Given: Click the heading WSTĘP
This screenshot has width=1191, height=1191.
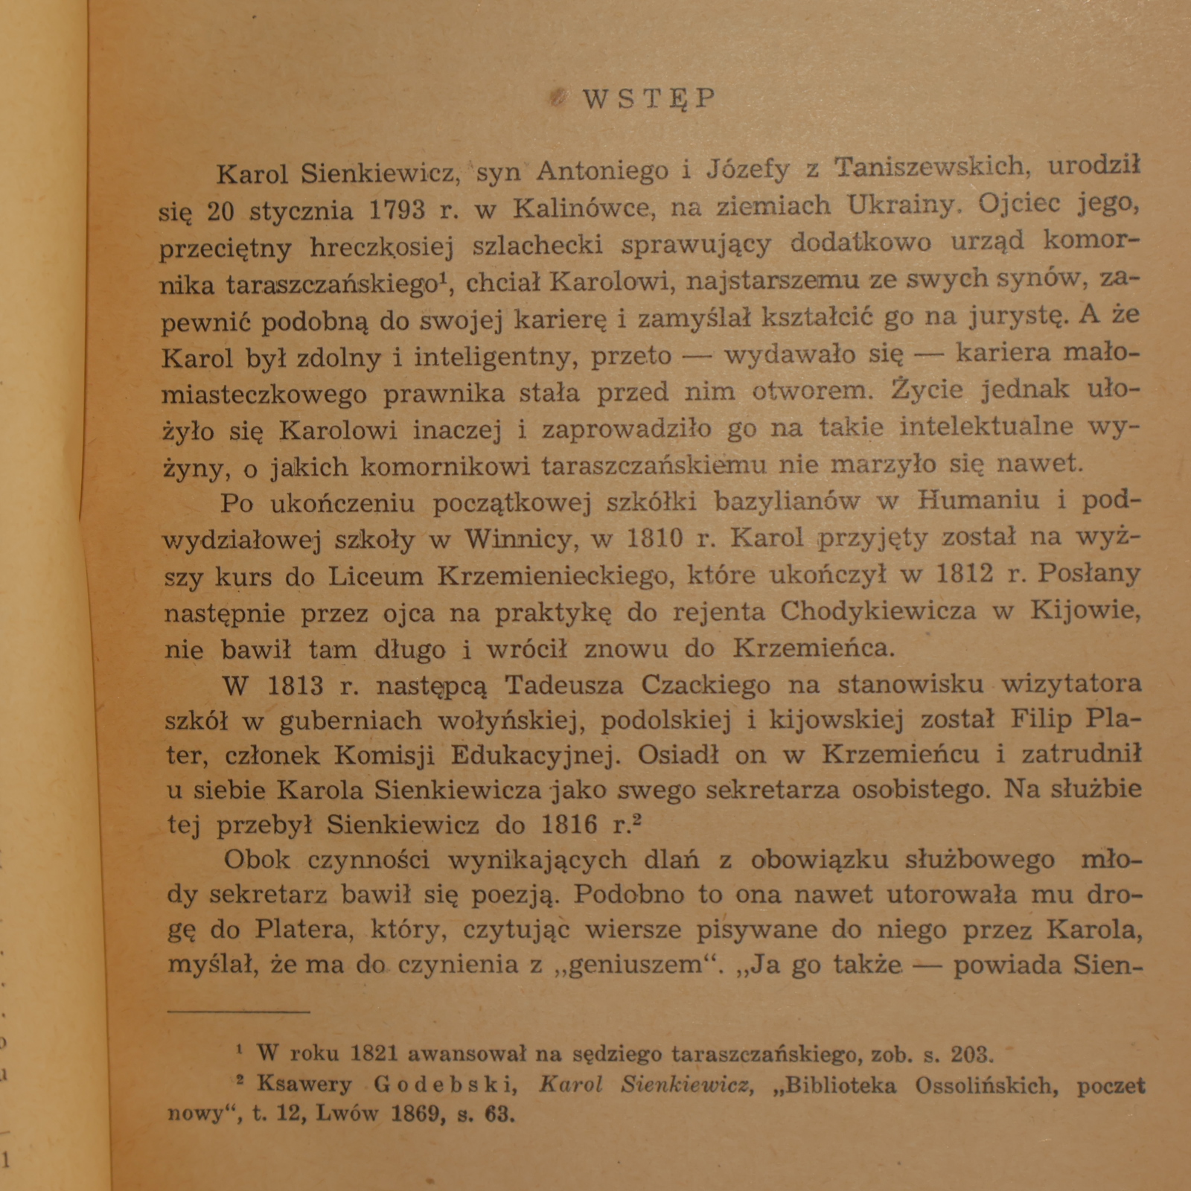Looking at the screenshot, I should coord(648,99).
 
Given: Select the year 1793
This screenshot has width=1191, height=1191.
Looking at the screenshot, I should coord(397,211).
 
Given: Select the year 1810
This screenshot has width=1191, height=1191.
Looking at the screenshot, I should coord(653,537).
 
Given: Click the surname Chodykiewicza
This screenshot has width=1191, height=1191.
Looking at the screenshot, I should coord(878,611).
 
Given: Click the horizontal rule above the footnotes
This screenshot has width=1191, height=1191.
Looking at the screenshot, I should coord(238,1011).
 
